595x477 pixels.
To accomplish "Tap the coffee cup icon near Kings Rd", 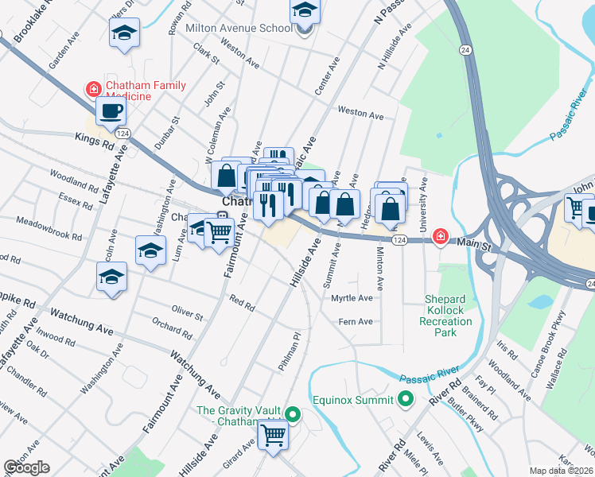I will point(111,111).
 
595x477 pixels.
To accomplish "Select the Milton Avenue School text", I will point(239,28).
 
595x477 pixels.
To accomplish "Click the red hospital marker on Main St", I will point(439,237).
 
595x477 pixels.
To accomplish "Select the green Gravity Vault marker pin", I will point(292,413).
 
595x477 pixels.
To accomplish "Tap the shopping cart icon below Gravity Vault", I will point(273,435).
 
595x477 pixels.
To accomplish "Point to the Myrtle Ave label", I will point(351,298).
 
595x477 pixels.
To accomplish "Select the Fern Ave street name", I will point(355,322).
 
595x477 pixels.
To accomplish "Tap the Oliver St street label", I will point(187,312).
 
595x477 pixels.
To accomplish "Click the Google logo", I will point(26,467).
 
